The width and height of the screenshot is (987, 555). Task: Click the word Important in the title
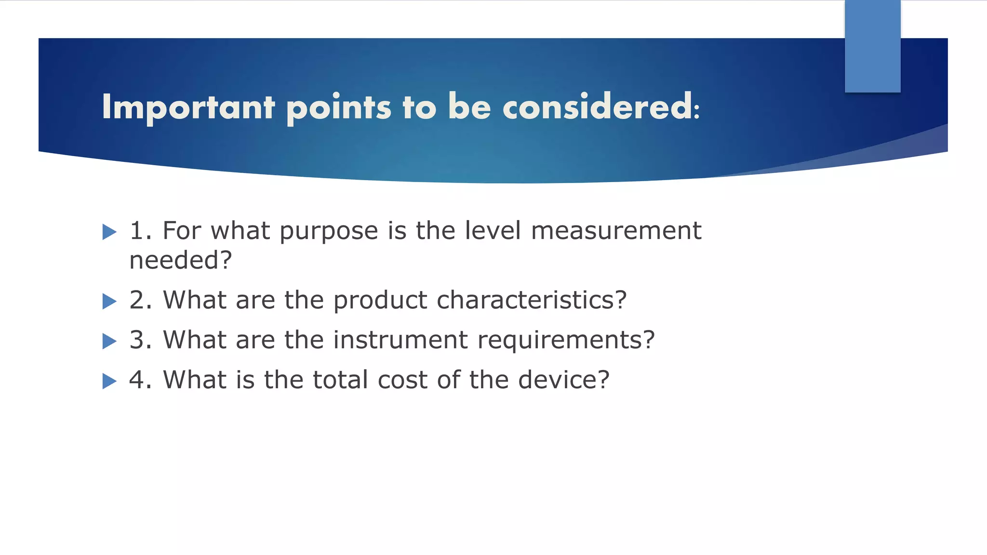tap(188, 107)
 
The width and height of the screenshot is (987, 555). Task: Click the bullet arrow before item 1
tap(109, 232)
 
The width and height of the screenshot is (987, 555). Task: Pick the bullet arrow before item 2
tap(109, 302)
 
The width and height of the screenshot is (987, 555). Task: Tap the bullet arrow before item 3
tap(109, 342)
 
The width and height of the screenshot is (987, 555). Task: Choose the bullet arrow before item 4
tap(109, 382)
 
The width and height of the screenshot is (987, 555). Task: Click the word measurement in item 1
tap(616, 230)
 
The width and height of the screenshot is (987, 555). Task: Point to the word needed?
tap(181, 261)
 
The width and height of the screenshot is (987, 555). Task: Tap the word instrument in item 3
tap(400, 340)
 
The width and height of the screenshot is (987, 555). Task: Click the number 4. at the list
tap(140, 380)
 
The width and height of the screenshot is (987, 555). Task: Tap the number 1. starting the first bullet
tap(140, 230)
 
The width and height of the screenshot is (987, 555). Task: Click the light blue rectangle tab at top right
tap(872, 46)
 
